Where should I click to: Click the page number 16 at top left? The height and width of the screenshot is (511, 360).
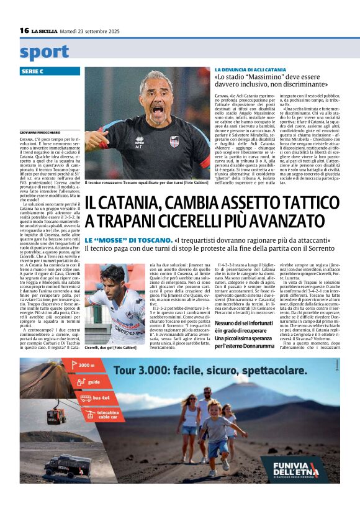[24, 30]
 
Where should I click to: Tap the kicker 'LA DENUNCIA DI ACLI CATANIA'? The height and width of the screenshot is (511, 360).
[250, 70]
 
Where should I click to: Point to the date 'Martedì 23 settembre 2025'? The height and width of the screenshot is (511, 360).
[93, 30]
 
